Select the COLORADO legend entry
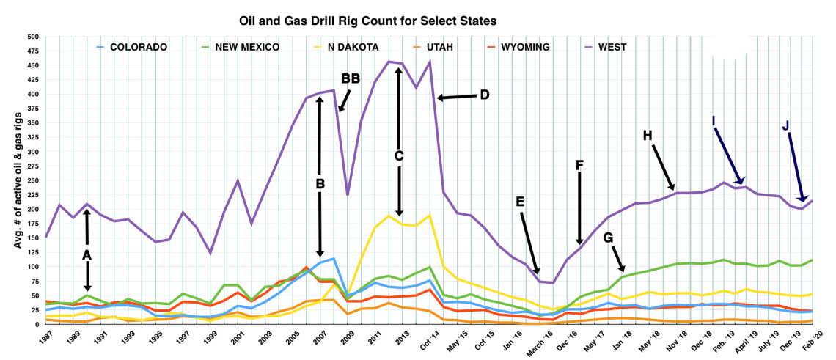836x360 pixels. pos(139,48)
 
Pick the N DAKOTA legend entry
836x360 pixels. pos(352,48)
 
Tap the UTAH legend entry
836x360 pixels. pos(438,48)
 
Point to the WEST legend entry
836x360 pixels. pos(612,48)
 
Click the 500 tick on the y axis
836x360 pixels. pos(33,37)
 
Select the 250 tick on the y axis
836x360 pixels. pos(33,180)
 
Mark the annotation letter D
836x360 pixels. pos(484,95)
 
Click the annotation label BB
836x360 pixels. pos(351,78)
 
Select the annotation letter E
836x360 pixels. pos(520,202)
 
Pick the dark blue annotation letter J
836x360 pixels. pos(786,126)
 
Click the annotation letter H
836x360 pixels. pos(647,136)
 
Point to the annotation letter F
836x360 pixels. pos(579,166)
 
